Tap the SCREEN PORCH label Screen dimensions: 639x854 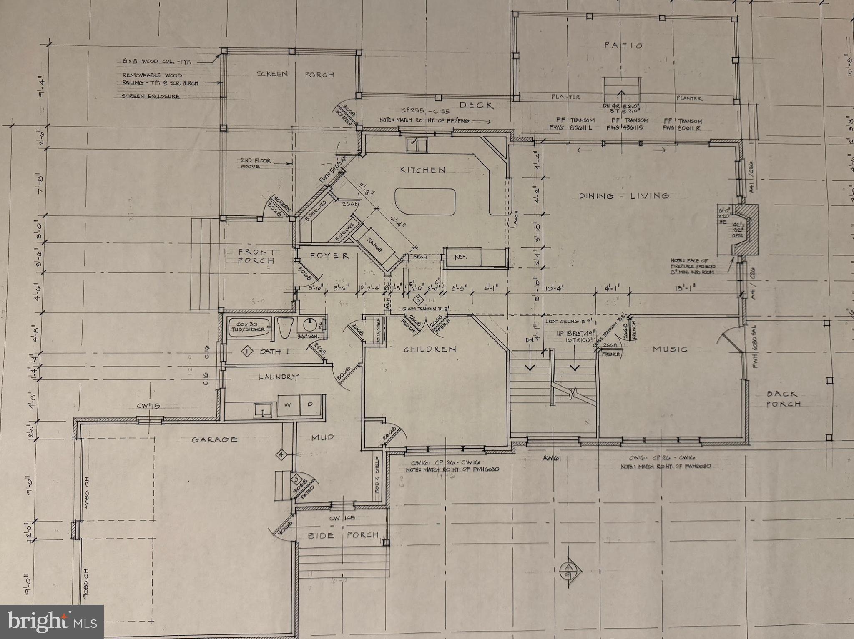[x=295, y=75]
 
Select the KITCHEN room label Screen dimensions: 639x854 [x=422, y=170]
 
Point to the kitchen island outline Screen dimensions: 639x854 [x=424, y=202]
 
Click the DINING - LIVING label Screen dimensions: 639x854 [x=624, y=195]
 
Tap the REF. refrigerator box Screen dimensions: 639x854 [x=462, y=257]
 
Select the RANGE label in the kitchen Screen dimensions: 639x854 [x=374, y=245]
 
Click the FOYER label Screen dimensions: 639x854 [x=329, y=256]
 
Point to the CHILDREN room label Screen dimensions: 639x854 [x=430, y=349]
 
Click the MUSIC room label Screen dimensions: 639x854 [x=670, y=349]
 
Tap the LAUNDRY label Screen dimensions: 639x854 [x=279, y=377]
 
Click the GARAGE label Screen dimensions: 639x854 [x=215, y=439]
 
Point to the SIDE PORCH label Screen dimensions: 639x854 [x=344, y=535]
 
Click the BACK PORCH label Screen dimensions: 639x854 [x=783, y=399]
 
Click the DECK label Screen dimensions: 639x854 [x=476, y=105]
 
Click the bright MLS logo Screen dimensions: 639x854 [x=52, y=622]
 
